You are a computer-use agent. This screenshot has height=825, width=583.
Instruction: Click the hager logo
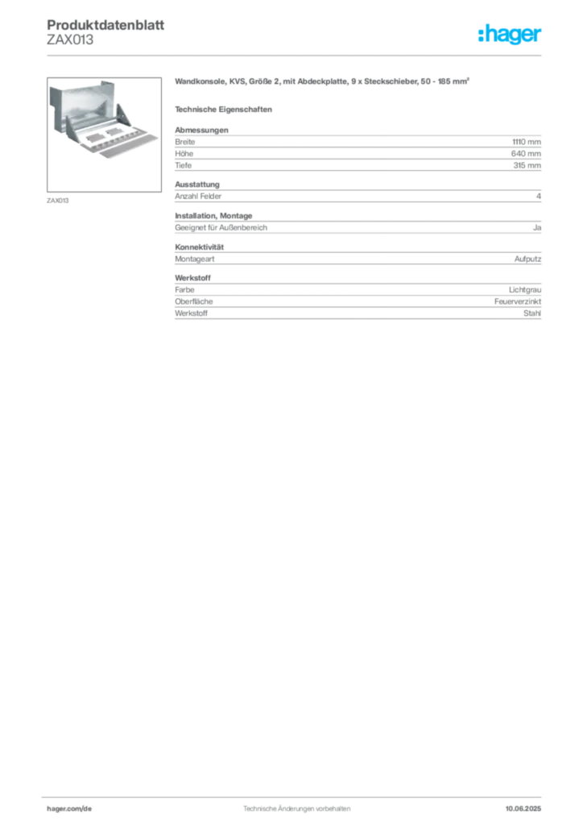point(510,35)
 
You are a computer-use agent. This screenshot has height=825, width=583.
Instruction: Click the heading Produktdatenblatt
point(105,25)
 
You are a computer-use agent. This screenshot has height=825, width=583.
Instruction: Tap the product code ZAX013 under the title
point(70,40)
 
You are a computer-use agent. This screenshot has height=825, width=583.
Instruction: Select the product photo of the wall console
point(104,135)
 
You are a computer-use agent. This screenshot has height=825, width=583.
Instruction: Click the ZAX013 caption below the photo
point(58,201)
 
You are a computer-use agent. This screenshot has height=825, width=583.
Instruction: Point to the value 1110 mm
point(526,142)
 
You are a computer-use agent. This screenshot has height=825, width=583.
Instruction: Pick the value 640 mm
point(526,154)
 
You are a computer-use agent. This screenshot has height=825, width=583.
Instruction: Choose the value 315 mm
point(527,165)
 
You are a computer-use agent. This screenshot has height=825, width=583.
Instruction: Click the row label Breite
point(185,142)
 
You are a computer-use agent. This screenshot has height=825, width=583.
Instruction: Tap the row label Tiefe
point(184,165)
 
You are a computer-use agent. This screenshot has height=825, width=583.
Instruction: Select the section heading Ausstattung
point(197,184)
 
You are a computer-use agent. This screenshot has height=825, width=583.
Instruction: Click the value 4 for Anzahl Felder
point(539,197)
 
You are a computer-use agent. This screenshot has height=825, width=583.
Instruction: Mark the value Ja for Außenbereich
point(537,228)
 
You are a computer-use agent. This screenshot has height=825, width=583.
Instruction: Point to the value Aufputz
point(527,259)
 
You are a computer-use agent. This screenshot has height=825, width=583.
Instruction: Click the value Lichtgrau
point(525,290)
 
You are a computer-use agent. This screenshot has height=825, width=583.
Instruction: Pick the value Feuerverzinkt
point(518,301)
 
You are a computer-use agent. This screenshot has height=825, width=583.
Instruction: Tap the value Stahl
point(532,313)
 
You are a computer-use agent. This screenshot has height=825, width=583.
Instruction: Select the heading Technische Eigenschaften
point(223,110)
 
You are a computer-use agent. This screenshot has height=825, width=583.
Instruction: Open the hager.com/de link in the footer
point(69,809)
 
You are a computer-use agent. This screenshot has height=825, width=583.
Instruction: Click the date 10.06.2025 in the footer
point(523,809)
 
